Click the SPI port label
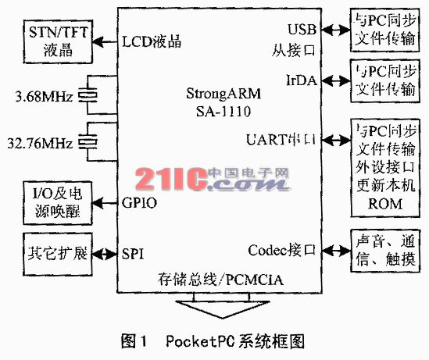coord(133,253)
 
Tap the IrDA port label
coord(302,80)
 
